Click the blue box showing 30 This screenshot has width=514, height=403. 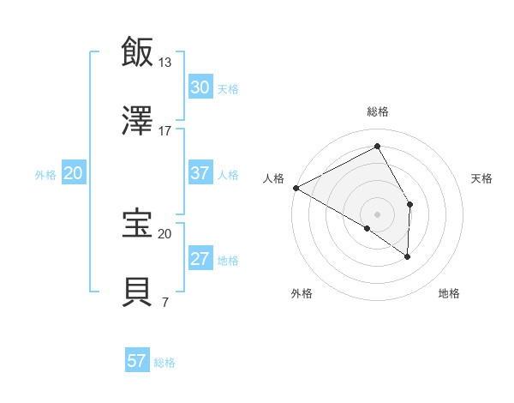tap(200, 87)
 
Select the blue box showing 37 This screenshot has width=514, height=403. tap(200, 173)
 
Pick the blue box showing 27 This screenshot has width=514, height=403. tap(200, 259)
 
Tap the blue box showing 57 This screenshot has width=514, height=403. tap(137, 361)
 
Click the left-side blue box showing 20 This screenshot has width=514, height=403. tap(74, 173)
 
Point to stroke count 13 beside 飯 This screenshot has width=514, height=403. tap(164, 63)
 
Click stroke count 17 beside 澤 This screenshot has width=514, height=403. tap(164, 131)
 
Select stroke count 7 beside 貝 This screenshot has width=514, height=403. tap(164, 302)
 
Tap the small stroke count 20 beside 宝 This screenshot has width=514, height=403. tap(164, 233)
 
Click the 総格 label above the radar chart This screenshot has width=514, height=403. tap(378, 111)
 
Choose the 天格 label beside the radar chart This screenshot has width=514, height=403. tap(481, 178)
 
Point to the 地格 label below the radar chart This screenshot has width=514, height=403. tap(449, 294)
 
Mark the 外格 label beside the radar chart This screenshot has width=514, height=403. tap(302, 294)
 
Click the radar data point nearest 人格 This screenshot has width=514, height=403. tap(296, 187)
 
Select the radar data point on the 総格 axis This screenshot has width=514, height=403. tap(377, 146)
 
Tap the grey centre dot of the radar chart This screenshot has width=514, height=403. tap(377, 214)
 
